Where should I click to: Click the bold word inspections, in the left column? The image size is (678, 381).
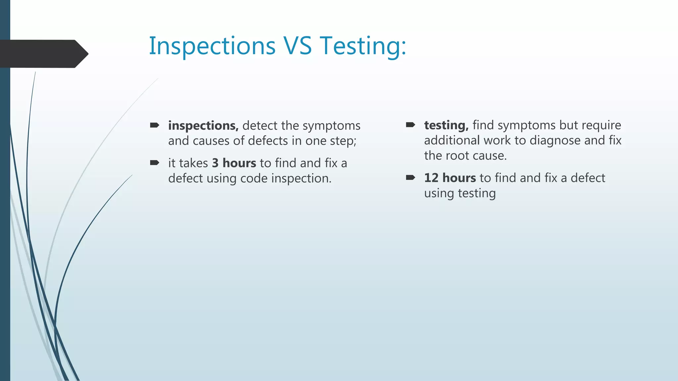(x=203, y=126)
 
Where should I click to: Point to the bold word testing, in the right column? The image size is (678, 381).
(x=446, y=125)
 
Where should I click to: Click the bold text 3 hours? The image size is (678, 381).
(x=234, y=163)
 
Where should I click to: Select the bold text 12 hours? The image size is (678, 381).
(x=450, y=178)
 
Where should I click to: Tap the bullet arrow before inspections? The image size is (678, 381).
(x=155, y=125)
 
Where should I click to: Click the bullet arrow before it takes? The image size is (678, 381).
(x=155, y=163)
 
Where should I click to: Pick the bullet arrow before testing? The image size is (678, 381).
(x=411, y=125)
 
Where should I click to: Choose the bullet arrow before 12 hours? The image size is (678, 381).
(x=411, y=178)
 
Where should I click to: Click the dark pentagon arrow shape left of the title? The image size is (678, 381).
(x=43, y=54)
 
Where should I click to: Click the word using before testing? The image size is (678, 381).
(x=439, y=193)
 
